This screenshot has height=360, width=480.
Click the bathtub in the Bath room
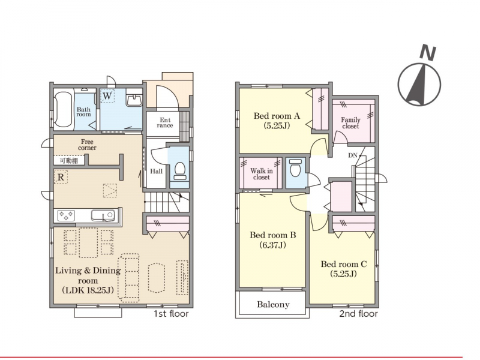pos(64,110)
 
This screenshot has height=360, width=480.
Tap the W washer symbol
pos(107,96)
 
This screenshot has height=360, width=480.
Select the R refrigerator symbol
pos(61,177)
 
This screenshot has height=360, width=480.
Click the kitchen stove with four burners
pos(66,215)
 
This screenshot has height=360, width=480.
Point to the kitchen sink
pos(103,215)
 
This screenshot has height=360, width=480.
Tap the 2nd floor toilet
pos(295,168)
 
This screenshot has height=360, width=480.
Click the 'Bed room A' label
pos(277,116)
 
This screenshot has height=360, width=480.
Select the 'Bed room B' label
pos(273,235)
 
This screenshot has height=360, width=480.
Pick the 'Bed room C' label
pos(344,264)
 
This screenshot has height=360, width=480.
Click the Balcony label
pos(273,304)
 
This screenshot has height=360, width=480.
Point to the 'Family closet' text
pos(350,123)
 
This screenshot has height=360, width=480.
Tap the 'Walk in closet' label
pos(262,174)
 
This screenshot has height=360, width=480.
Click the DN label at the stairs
pos(353,155)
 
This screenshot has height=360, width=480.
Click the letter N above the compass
pos(428,52)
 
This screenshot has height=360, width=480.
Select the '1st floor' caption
pos(171,314)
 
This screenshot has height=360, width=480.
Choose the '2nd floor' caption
pos(358,314)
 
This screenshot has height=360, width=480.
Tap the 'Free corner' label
pos(87,145)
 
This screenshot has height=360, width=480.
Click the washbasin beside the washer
pos(134,100)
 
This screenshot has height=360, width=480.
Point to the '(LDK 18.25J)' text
pos(88,290)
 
